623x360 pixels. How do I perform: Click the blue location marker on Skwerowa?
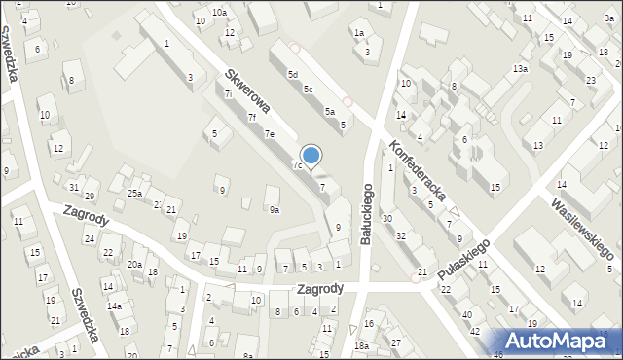311,156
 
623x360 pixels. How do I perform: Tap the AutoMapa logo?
558,342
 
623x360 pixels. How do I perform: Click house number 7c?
298,165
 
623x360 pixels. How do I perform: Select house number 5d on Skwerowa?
291,74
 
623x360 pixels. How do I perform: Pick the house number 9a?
275,209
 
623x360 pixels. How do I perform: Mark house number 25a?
134,194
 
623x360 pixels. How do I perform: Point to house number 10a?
220,12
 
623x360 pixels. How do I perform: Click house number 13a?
521,68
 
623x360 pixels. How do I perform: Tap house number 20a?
134,265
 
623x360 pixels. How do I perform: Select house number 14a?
114,306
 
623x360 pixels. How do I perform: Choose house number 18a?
362,345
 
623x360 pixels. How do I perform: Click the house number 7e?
270,133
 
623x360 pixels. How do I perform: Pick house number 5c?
308,90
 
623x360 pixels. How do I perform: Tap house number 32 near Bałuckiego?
400,236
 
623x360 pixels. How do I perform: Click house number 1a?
358,33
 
